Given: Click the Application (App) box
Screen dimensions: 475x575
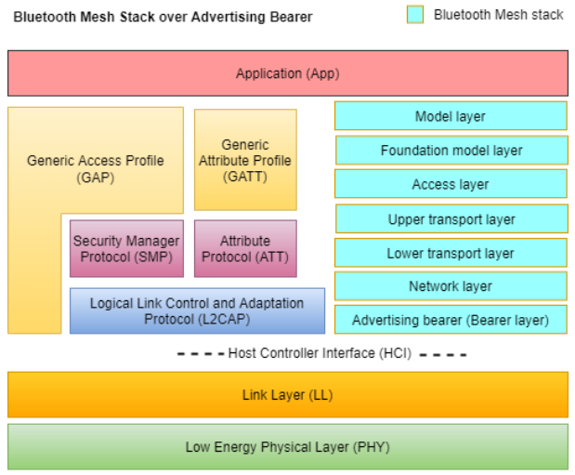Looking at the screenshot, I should point(288,73).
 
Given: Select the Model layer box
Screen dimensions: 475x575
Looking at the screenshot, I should point(451,116).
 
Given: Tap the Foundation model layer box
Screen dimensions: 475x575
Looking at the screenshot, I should point(451,151).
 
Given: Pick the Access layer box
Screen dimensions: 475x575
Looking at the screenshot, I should point(451,184).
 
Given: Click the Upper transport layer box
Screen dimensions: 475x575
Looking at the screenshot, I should point(451,219).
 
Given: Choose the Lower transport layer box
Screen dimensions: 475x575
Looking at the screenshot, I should point(451,253).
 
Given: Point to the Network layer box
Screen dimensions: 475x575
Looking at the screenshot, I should point(451,286).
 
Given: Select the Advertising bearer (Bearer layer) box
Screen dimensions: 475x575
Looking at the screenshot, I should point(451,321).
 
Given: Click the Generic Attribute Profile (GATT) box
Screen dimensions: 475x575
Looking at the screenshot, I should point(245,160).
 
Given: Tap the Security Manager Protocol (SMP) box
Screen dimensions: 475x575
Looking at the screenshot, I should point(126,249).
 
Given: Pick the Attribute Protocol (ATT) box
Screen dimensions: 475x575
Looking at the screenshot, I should point(245,249).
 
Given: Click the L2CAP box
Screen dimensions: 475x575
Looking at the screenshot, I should point(197,311).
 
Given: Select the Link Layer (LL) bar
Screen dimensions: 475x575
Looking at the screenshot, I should point(288,395).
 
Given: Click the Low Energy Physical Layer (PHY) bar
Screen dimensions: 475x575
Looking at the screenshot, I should point(288,447).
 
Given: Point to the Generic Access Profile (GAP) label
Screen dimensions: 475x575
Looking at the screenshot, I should point(95,168).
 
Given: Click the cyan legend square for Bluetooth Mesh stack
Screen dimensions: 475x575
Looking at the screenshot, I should point(416,15).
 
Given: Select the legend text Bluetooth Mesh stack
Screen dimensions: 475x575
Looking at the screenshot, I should point(498,15).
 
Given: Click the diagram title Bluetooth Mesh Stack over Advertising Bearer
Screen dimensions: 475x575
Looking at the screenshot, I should point(163,17).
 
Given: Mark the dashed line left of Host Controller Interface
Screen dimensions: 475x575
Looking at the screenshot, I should point(200,354).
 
